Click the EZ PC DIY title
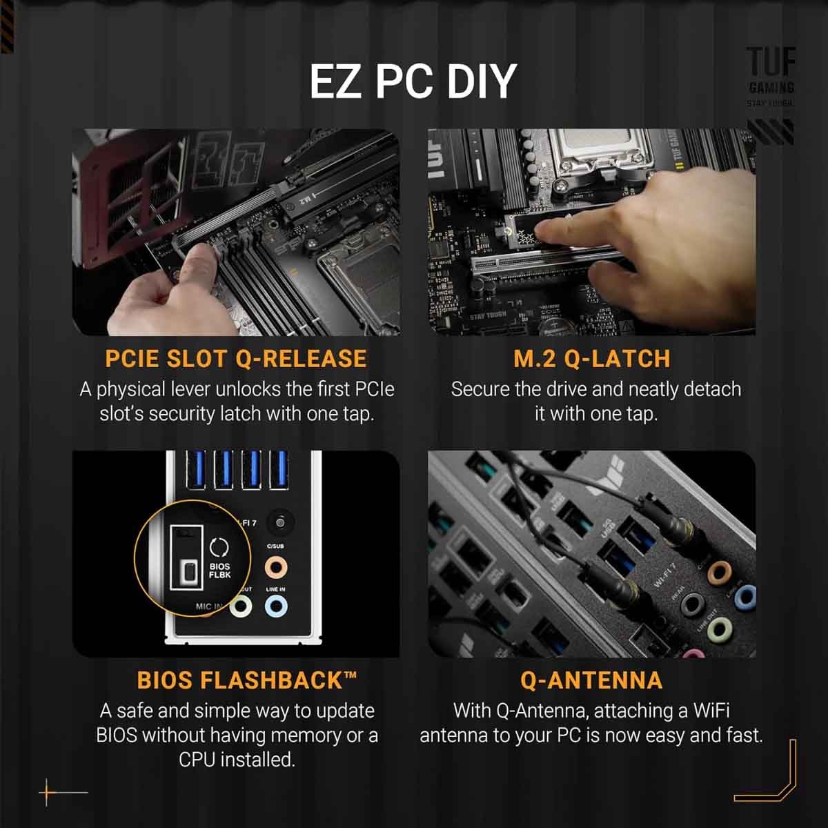(413, 81)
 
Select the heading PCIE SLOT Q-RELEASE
(235, 359)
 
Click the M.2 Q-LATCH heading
(591, 359)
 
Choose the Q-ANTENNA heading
(591, 680)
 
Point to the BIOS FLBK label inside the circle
(219, 570)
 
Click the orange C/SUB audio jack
(276, 568)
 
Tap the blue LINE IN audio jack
(276, 607)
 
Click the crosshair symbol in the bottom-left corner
(47, 793)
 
